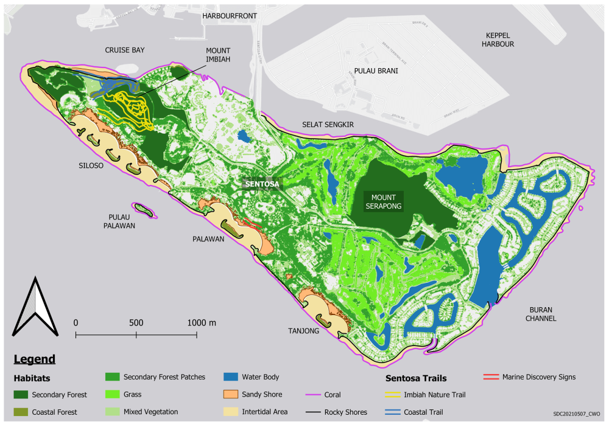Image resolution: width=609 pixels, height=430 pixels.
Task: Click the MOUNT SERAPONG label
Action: (x=381, y=202)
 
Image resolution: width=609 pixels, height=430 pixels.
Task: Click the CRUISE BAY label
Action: (x=124, y=50)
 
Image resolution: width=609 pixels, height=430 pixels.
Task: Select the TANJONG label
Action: (x=304, y=331)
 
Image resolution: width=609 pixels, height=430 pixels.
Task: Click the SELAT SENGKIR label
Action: (x=328, y=125)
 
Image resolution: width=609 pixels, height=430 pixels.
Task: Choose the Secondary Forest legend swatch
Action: (x=23, y=395)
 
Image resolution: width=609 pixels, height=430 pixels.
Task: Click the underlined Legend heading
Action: (x=34, y=359)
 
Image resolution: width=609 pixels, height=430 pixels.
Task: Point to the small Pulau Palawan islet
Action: (x=144, y=209)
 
